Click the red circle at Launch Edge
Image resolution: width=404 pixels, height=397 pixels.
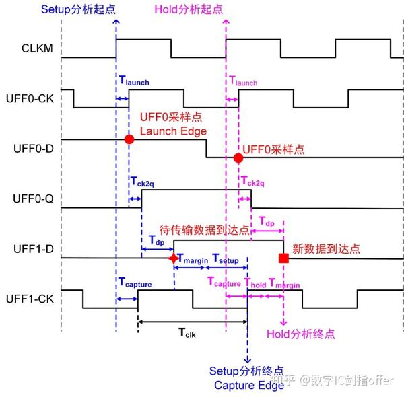129,139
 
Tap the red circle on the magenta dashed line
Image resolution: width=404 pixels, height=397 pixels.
238,157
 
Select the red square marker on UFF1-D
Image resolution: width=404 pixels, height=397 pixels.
283,258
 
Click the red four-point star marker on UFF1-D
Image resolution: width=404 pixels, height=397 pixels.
174,258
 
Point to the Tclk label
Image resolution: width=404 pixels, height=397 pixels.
192,332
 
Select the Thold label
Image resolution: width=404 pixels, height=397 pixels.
255,283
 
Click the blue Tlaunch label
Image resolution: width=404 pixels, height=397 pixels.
132,82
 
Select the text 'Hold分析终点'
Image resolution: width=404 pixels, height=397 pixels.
300,334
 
